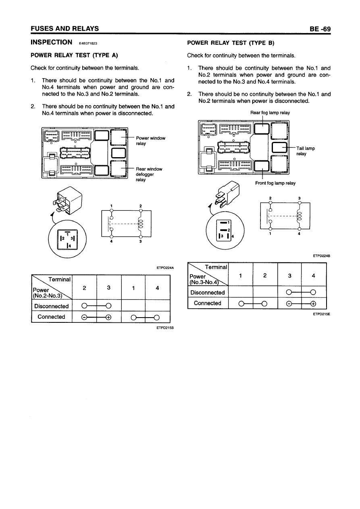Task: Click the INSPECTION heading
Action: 51,42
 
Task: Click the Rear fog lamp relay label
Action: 270,113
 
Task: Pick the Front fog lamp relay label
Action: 275,183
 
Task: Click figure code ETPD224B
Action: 321,255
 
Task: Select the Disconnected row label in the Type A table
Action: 51,306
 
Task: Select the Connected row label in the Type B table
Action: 208,303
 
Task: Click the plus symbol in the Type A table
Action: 108,317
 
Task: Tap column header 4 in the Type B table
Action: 313,276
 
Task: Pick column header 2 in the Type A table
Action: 84,288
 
